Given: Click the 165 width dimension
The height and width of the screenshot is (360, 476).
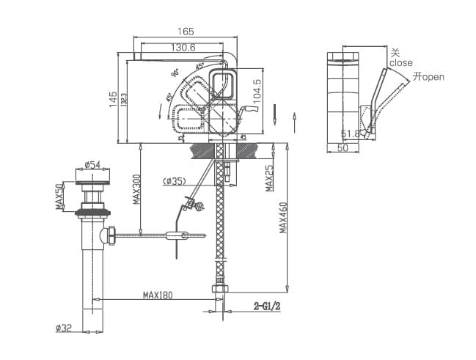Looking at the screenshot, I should click(x=186, y=31).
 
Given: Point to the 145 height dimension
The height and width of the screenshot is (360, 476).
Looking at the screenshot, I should click(x=113, y=100).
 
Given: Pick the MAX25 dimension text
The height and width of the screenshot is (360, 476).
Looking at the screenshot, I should click(x=269, y=178).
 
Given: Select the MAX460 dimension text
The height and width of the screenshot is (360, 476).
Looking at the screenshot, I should click(x=284, y=218).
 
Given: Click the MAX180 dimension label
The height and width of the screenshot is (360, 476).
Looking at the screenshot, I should click(x=157, y=295).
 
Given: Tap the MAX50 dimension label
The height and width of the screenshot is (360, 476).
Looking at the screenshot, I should click(x=59, y=196).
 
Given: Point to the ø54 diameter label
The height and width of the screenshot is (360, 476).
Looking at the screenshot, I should click(x=92, y=164).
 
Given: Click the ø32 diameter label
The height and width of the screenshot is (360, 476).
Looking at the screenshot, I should click(x=63, y=329).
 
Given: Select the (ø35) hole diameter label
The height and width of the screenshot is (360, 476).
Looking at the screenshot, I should click(x=175, y=181).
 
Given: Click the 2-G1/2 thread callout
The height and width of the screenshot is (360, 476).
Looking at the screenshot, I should click(x=267, y=306).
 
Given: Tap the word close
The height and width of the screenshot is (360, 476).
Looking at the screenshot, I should click(x=401, y=63).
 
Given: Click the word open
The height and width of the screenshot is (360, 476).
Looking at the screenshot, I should click(x=433, y=77).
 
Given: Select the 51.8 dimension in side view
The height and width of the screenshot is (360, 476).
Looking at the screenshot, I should click(x=351, y=133).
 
